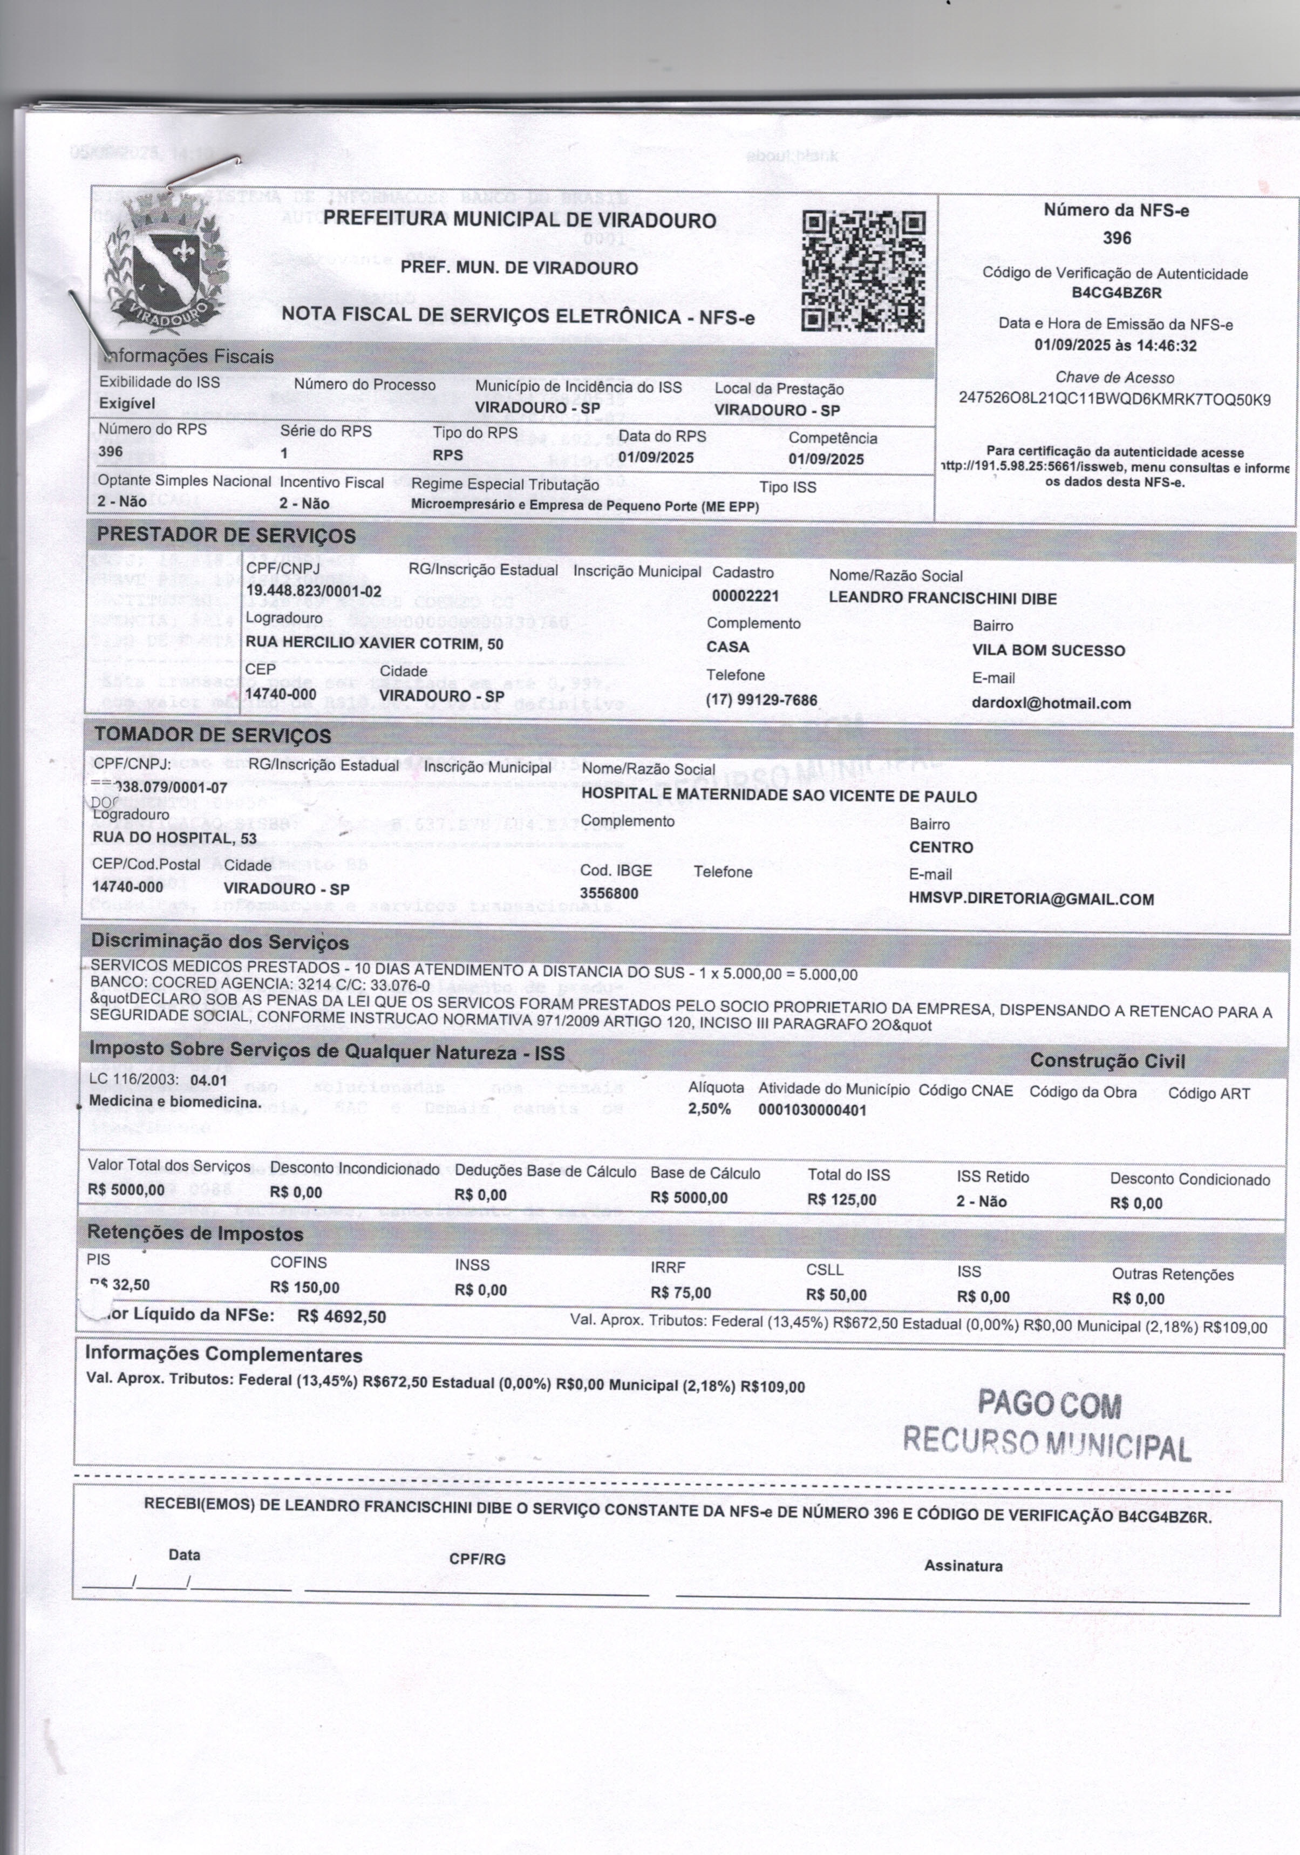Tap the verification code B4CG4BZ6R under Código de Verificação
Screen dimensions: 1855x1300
click(x=1116, y=293)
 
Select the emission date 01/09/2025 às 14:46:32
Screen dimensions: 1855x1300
click(x=1116, y=346)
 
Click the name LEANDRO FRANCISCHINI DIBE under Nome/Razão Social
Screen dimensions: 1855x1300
click(x=942, y=599)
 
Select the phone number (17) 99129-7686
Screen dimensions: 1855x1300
click(x=761, y=699)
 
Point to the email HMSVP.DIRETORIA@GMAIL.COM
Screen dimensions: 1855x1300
click(x=1031, y=899)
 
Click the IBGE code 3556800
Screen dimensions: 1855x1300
click(x=608, y=894)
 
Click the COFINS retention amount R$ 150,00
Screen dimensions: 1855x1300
click(x=304, y=1287)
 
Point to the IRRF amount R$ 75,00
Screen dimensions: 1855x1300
click(x=680, y=1293)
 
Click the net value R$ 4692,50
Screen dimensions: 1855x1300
click(x=341, y=1317)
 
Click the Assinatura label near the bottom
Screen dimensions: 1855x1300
click(x=963, y=1566)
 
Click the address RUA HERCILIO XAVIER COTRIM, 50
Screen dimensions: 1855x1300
click(x=374, y=643)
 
